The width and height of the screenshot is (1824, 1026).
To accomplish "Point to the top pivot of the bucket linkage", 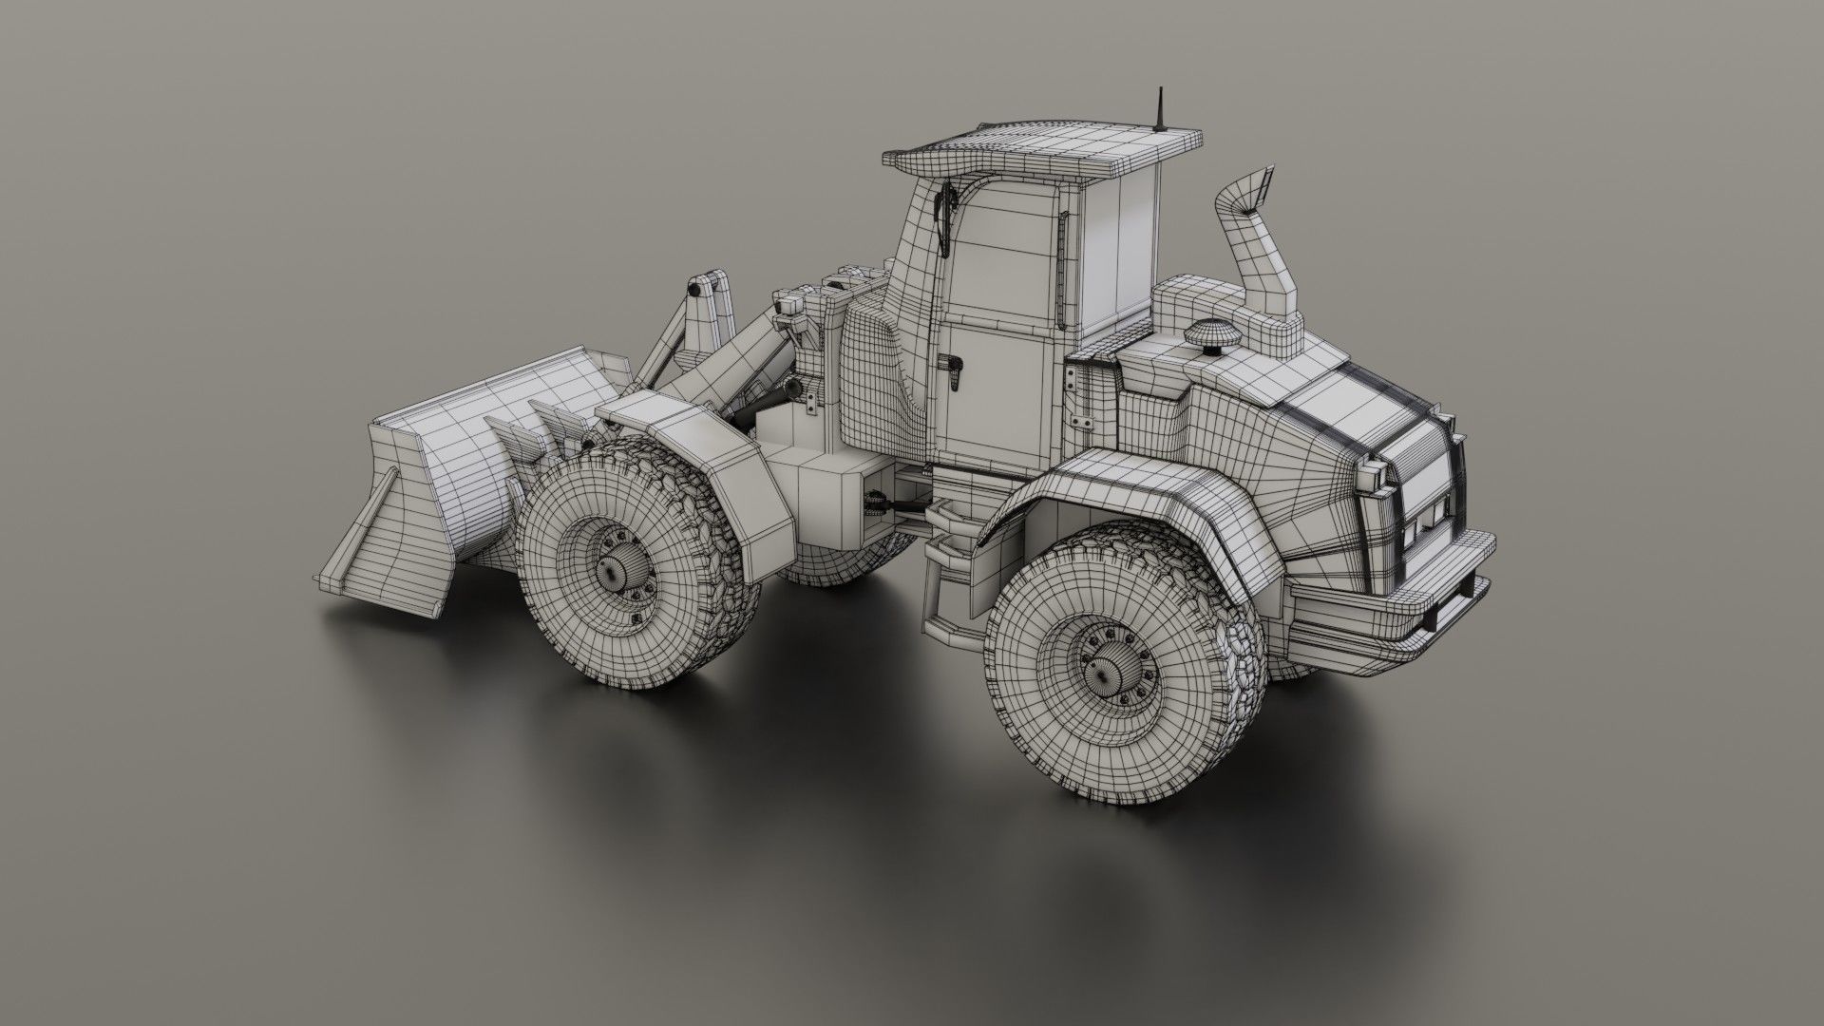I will coord(701,285).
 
